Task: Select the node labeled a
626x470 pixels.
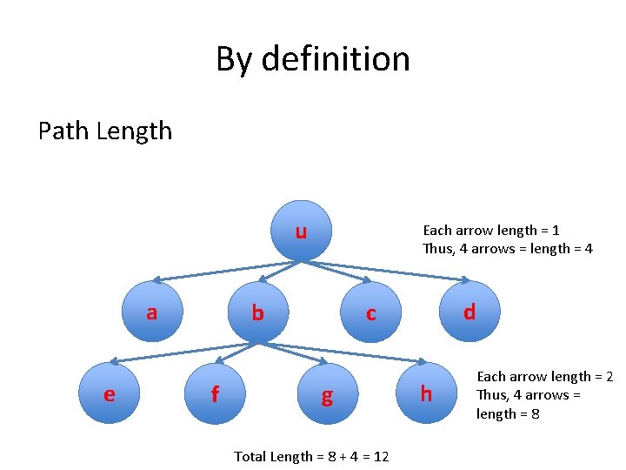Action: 152,312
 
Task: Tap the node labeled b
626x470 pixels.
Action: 257,312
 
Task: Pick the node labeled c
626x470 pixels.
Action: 371,313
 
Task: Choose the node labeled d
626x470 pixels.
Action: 469,312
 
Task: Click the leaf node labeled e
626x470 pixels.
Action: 109,394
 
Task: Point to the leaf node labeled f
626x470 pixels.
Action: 215,394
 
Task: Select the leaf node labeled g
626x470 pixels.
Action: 327,396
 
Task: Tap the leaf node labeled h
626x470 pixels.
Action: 426,394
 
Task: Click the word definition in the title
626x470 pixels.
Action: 336,59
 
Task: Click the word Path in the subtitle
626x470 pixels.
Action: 63,131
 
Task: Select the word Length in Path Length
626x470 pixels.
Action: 135,131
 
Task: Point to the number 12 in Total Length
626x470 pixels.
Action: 381,456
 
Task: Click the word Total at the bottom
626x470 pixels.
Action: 251,456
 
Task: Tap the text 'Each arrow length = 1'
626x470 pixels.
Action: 490,231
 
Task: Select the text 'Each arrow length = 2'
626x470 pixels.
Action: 545,377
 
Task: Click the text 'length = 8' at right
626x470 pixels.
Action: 508,414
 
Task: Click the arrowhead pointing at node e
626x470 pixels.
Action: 117,359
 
